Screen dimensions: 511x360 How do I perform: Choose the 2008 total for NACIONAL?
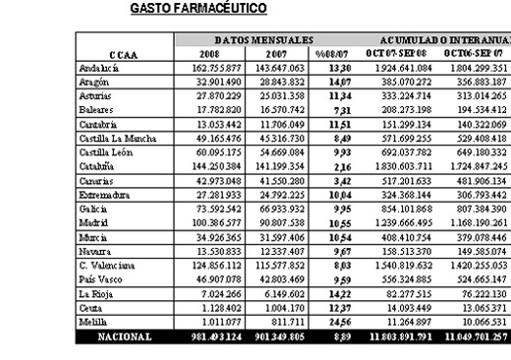(207, 335)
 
